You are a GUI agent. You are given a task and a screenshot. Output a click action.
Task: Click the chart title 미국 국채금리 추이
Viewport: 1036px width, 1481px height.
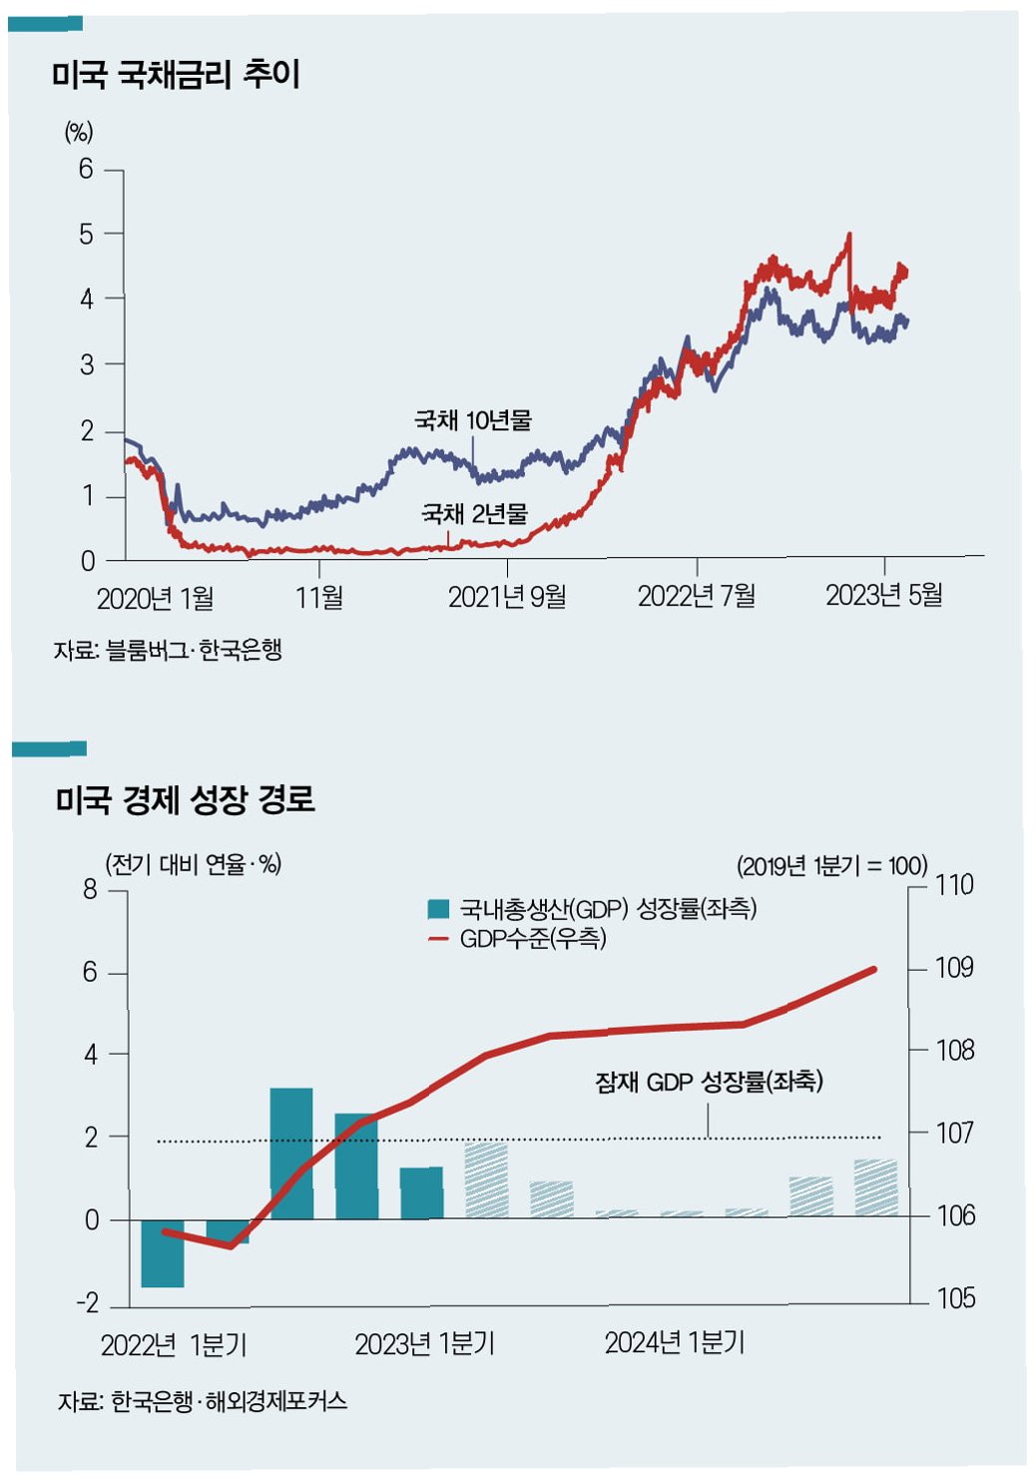pyautogui.click(x=176, y=74)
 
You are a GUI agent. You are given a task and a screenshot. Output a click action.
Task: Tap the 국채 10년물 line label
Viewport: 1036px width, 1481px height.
pyautogui.click(x=472, y=420)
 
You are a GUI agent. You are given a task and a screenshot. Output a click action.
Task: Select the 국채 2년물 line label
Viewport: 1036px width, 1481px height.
pyautogui.click(x=474, y=514)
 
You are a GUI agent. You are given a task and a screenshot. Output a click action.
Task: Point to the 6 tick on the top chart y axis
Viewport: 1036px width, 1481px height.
pyautogui.click(x=87, y=170)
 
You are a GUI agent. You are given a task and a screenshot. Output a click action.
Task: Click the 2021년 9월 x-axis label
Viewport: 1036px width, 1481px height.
pyautogui.click(x=507, y=597)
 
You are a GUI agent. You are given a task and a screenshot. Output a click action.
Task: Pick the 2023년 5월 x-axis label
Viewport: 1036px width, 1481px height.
pyautogui.click(x=883, y=595)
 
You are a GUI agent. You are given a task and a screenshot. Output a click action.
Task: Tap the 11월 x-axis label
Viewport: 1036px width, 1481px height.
pyautogui.click(x=319, y=597)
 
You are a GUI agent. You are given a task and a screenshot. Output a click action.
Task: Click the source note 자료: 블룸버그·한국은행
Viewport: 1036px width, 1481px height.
pyautogui.click(x=168, y=650)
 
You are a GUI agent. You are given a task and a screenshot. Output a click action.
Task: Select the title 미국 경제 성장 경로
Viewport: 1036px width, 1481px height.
pyautogui.click(x=185, y=799)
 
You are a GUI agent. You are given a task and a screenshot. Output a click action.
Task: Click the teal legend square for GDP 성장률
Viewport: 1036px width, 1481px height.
pyautogui.click(x=438, y=909)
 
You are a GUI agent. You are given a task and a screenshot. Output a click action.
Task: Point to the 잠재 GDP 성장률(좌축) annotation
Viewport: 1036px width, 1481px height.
pyautogui.click(x=709, y=1082)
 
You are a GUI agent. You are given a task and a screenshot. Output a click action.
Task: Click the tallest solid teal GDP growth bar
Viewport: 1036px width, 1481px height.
pyautogui.click(x=291, y=1153)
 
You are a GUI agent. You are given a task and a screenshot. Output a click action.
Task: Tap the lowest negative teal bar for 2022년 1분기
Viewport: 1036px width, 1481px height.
pyautogui.click(x=163, y=1253)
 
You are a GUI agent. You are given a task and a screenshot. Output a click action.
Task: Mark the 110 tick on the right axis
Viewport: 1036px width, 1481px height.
pyautogui.click(x=954, y=884)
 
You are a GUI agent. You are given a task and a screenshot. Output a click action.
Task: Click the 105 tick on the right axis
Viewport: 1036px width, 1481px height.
pyautogui.click(x=954, y=1298)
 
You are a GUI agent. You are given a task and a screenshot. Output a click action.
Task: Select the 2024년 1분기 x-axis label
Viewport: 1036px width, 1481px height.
pyautogui.click(x=675, y=1343)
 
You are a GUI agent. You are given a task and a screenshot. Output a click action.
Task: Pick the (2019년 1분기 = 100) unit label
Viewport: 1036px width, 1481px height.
pyautogui.click(x=831, y=865)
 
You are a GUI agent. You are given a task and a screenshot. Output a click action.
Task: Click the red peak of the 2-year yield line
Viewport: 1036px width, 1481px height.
pyautogui.click(x=848, y=236)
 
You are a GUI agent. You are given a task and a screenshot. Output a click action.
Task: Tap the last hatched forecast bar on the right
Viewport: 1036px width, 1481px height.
pyautogui.click(x=875, y=1188)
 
